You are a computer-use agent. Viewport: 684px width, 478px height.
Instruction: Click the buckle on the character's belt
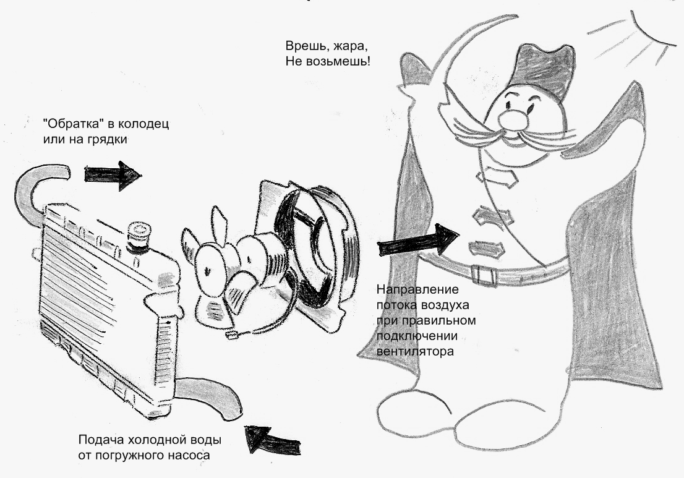pos(480,272)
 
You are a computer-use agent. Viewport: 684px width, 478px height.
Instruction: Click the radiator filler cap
pos(138,237)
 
